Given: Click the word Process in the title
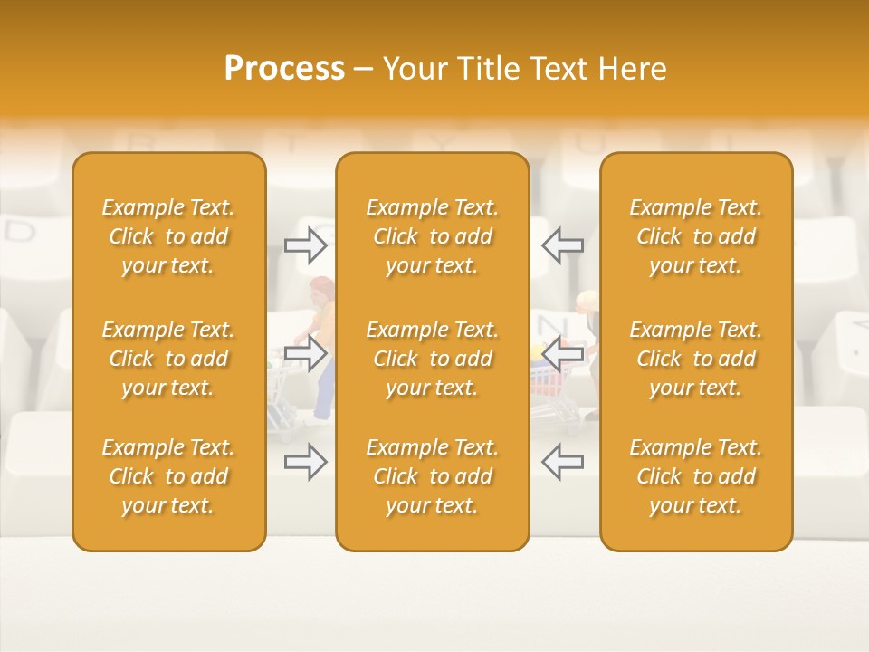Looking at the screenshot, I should (284, 69).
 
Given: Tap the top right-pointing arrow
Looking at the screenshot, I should (306, 244).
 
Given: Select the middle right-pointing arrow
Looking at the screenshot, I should (306, 353).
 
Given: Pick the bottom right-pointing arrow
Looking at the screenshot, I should (306, 462).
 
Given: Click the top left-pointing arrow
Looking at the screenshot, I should (562, 244).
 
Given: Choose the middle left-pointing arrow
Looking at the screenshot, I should (562, 353).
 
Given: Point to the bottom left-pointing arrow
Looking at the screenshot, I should (562, 462).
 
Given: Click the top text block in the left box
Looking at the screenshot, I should (168, 236).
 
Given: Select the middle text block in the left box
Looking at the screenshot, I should (168, 359).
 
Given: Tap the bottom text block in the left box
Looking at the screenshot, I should (168, 476).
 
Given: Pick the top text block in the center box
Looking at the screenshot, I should (432, 236).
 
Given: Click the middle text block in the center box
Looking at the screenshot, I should (432, 359).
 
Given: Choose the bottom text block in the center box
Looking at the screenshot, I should (432, 476).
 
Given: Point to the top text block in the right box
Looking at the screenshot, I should (695, 236).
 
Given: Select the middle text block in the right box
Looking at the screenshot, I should (695, 359).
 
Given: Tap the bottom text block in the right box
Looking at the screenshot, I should (695, 476).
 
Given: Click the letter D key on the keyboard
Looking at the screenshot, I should (20, 233).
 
